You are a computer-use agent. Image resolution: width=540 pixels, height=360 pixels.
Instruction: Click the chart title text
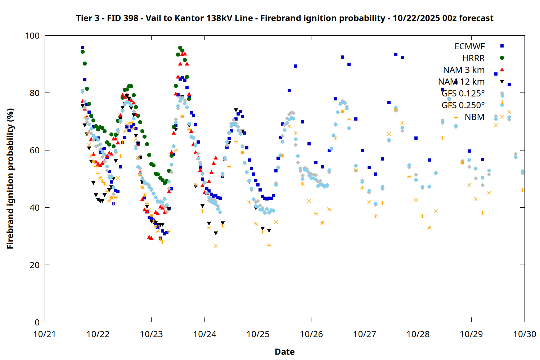[284, 18]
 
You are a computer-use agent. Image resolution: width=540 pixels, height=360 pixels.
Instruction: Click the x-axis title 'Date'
[284, 352]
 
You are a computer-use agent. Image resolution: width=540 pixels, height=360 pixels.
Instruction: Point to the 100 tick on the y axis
[32, 36]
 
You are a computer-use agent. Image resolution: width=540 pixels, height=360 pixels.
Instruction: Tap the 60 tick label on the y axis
[35, 150]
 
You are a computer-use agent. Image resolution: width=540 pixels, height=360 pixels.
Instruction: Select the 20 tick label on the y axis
[35, 265]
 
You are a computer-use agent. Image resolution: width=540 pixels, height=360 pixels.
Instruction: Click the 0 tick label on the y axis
[37, 322]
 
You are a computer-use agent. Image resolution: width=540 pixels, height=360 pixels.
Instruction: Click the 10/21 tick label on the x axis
[45, 334]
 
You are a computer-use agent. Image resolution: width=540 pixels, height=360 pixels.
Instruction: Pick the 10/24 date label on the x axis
[204, 334]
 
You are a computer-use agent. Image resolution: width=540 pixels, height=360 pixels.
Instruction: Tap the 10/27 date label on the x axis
[365, 334]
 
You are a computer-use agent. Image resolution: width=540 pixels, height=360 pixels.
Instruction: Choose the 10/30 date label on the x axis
[525, 334]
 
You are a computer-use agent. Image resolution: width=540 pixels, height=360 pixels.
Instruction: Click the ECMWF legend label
[469, 46]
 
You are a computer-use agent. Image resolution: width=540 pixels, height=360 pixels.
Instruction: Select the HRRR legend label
[473, 58]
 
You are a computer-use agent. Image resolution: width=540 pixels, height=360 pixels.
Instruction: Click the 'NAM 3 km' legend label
[464, 70]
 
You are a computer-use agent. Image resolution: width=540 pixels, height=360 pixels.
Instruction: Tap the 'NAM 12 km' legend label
[461, 82]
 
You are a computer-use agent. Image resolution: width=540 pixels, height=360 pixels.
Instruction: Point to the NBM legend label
[474, 117]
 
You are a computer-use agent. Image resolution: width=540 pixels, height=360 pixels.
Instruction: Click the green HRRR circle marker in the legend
[502, 58]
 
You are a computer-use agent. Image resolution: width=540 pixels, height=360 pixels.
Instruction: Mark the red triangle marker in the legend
[502, 69]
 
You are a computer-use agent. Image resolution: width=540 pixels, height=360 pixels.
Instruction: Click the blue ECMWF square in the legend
[502, 46]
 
